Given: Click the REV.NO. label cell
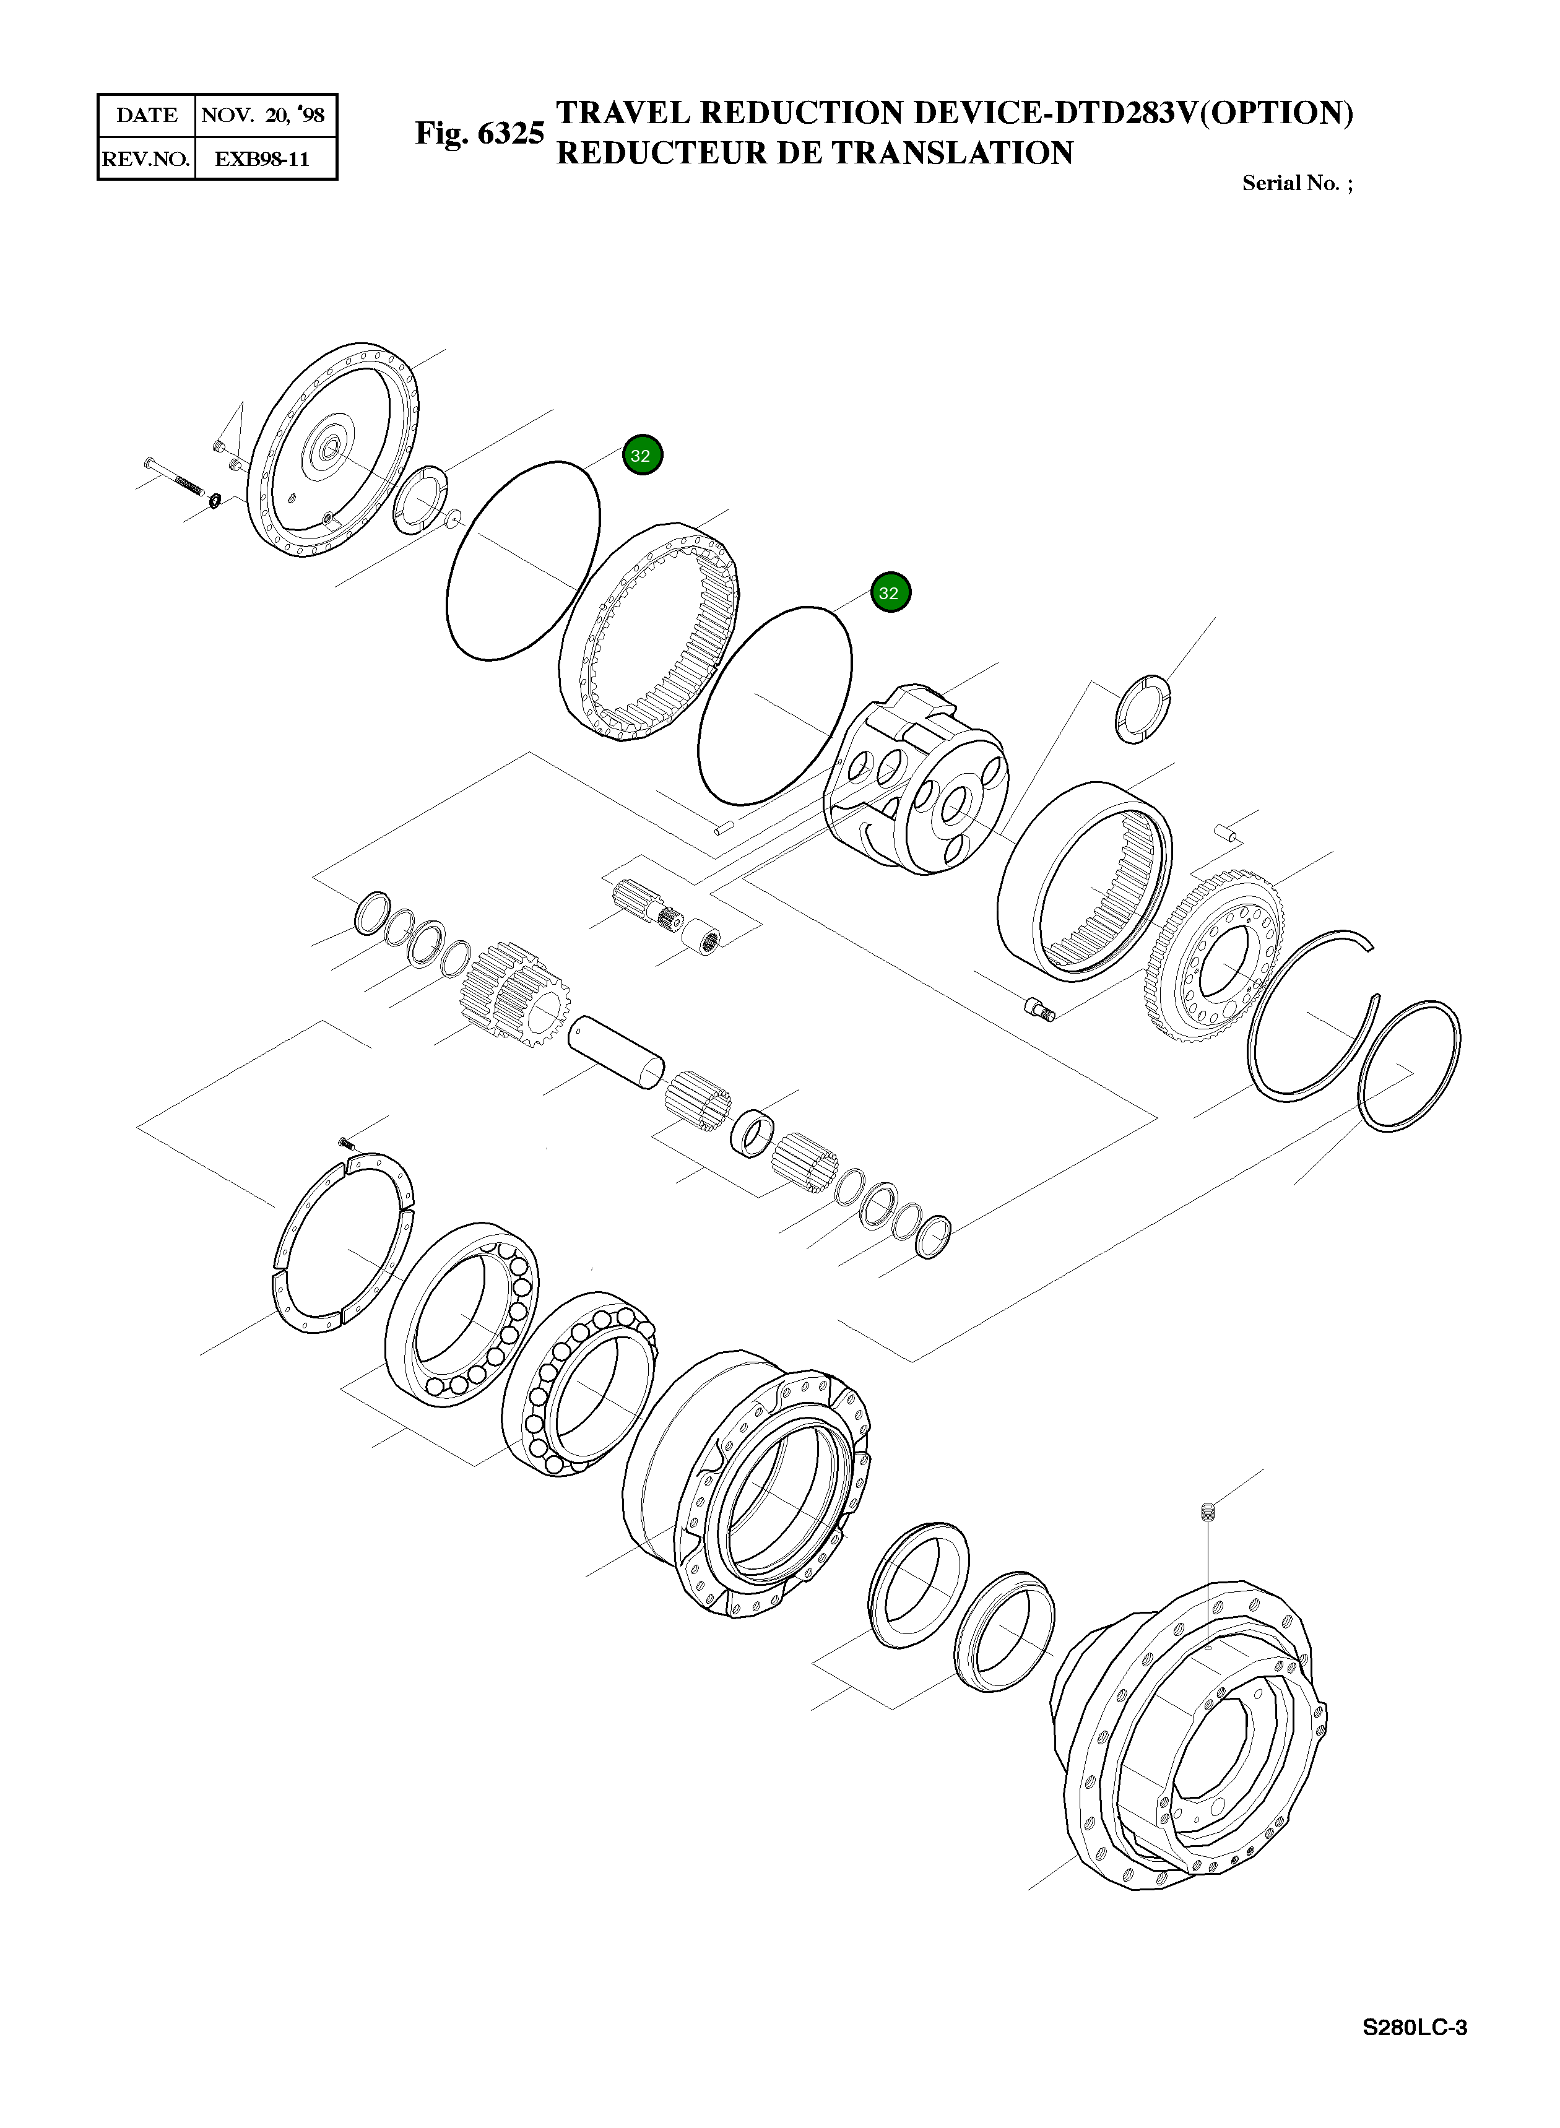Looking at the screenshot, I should pos(146,158).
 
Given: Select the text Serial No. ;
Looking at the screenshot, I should pos(1296,183).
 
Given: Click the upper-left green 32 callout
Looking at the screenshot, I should pos(642,455).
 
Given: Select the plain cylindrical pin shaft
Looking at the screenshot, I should pos(616,1051).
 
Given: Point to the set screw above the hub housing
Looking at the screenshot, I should pos(1209,1513).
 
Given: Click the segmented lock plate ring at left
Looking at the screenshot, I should pos(342,1243).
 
